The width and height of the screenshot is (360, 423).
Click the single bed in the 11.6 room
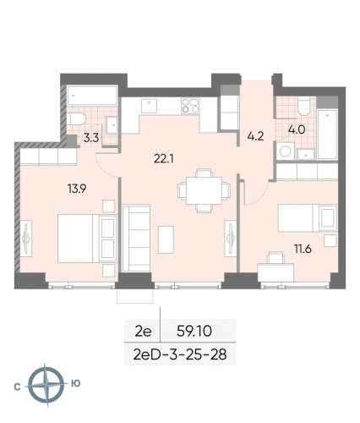coord(308,217)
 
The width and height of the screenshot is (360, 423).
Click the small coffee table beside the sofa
coord(169,233)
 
